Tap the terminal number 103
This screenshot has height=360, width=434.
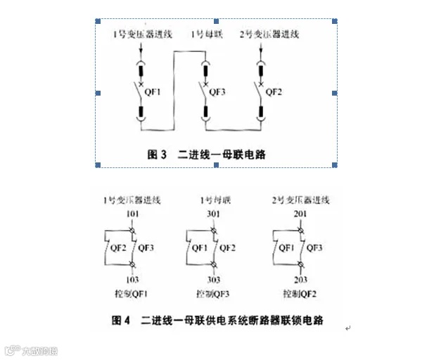[x=134, y=278]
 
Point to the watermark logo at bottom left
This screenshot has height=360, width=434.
[x=32, y=349]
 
